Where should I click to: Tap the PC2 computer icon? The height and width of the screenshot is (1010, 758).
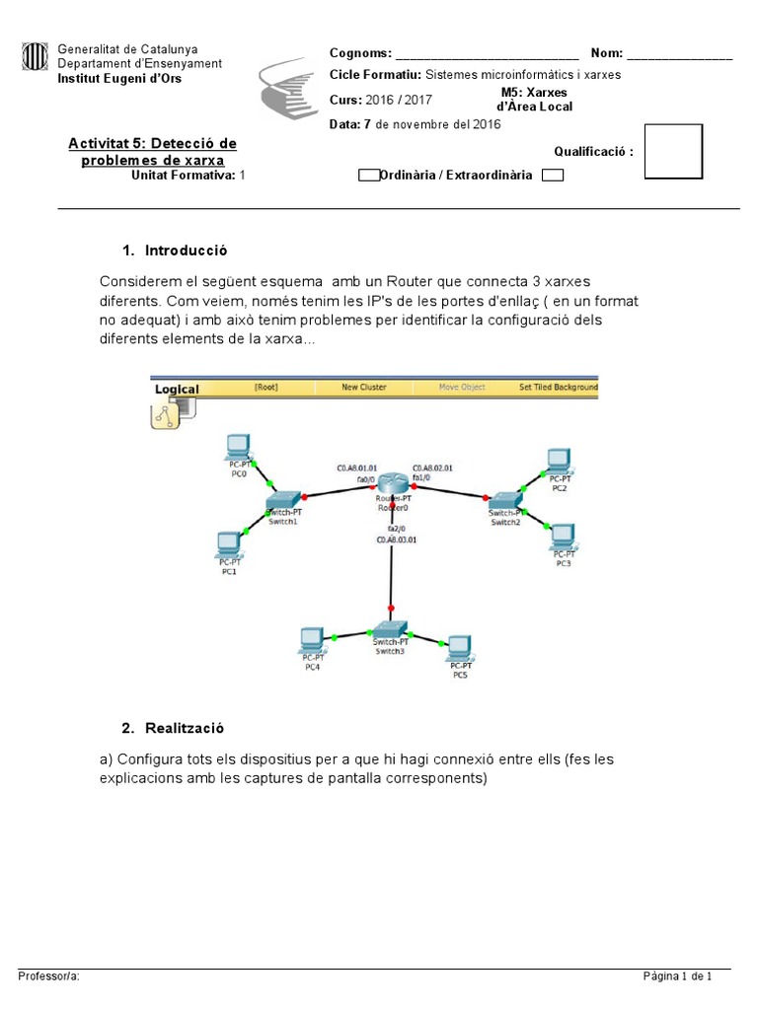coord(559,460)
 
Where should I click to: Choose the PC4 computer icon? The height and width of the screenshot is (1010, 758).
coord(313,640)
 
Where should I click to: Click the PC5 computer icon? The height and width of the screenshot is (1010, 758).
coord(459,647)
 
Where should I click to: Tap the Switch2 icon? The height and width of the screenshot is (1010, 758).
coord(504,501)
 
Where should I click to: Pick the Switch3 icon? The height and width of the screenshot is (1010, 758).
coord(390,629)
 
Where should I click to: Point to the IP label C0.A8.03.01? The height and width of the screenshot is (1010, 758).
coord(395,540)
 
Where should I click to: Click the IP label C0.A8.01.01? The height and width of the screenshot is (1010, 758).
coord(356,468)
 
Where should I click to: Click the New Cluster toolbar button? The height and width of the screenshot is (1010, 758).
coord(364,387)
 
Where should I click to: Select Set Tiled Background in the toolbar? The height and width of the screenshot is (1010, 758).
coord(558,387)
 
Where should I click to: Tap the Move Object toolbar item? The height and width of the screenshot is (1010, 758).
coord(462,387)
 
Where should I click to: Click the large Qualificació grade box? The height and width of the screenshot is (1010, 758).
coord(673,152)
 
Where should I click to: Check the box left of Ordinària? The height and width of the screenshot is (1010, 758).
coord(367,176)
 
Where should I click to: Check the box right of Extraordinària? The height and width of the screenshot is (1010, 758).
coord(554,176)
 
